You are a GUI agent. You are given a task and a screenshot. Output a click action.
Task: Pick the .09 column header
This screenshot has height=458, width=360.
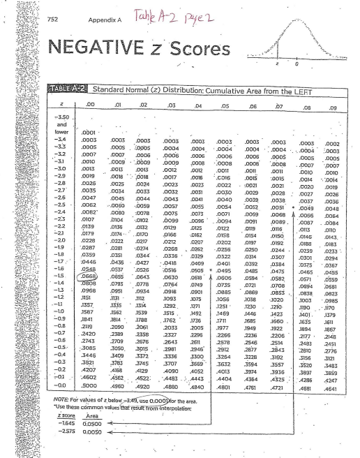click(x=331, y=128)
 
